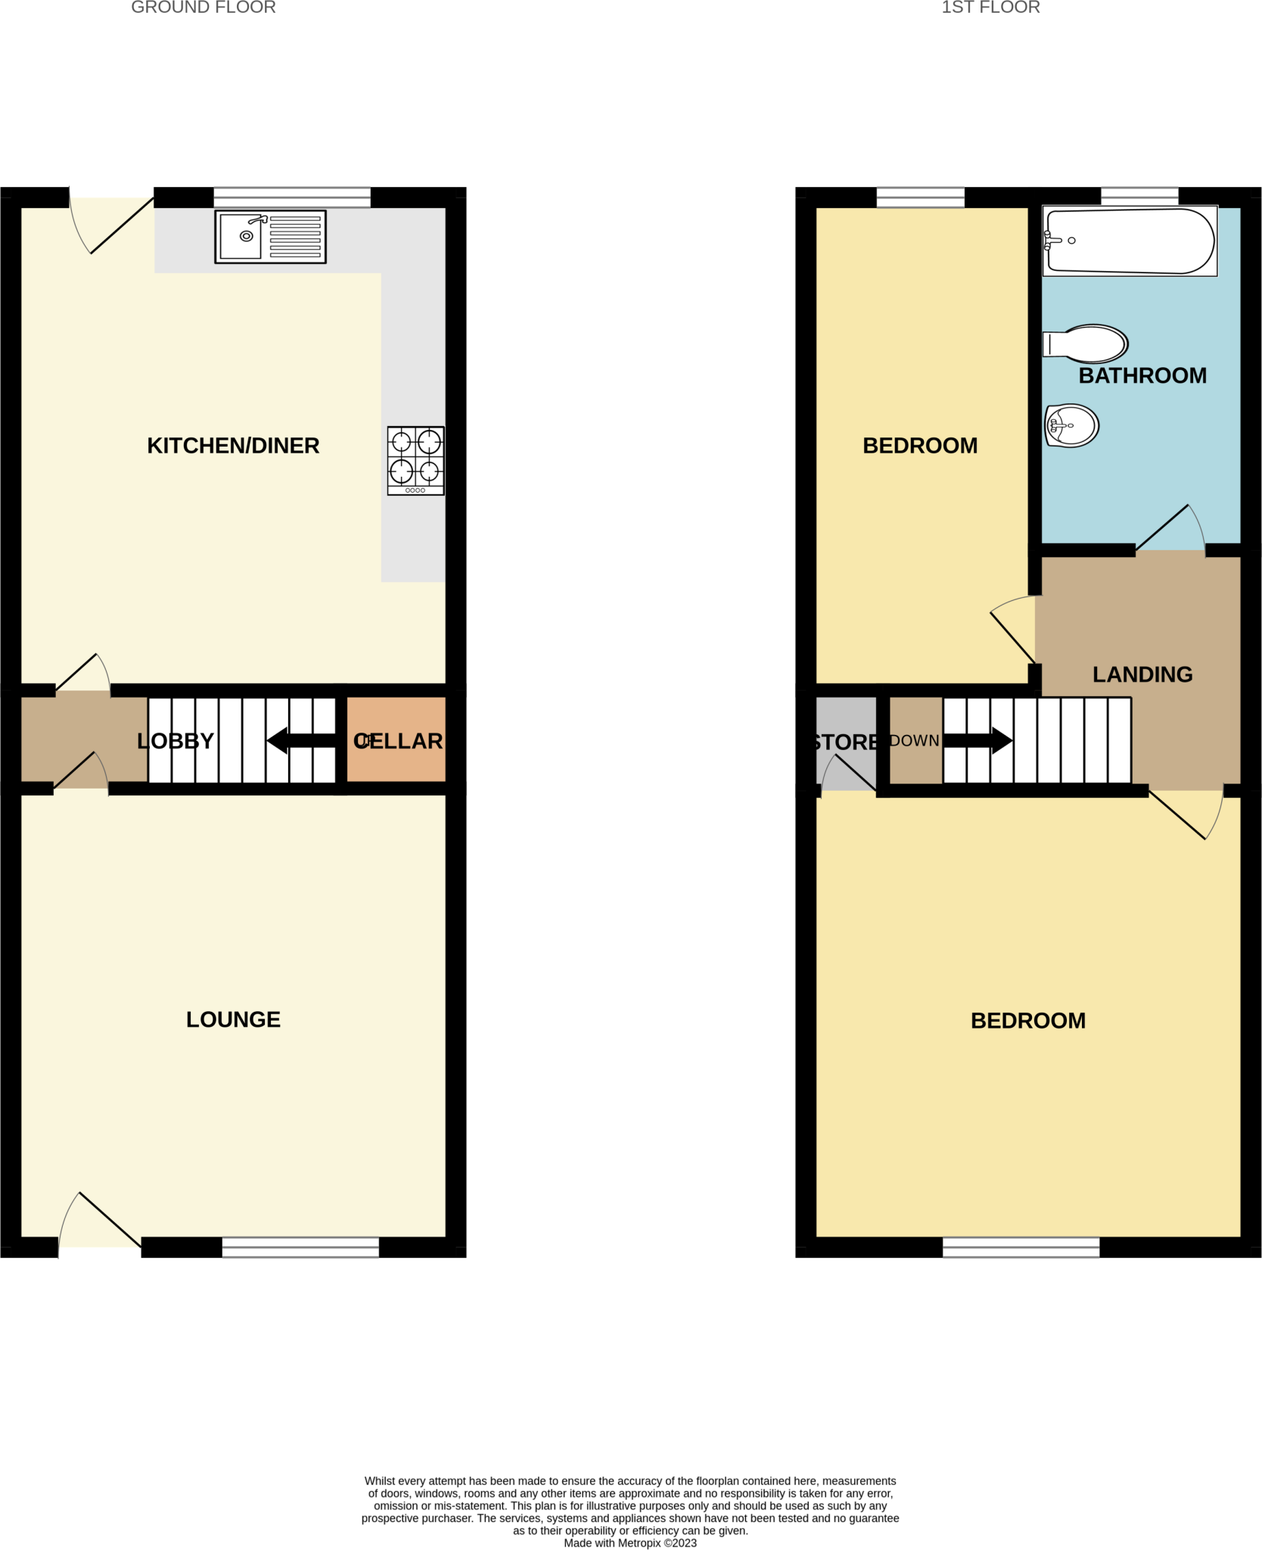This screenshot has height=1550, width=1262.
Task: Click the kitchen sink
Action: pos(270,237)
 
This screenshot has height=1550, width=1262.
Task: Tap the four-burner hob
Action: pos(415,460)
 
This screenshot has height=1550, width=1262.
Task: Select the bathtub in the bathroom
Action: pos(1130,241)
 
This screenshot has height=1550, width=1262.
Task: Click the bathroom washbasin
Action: pos(1072,425)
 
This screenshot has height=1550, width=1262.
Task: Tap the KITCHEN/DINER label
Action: pos(233,446)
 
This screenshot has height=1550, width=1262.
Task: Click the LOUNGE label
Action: pos(233,1019)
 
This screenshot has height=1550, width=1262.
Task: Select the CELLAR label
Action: pos(398,741)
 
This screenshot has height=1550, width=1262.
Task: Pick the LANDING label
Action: pos(1142,674)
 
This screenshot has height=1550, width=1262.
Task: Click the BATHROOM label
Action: pos(1142,375)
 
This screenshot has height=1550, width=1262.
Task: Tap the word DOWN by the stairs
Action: pos(914,741)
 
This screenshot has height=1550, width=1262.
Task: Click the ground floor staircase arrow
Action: pos(301,740)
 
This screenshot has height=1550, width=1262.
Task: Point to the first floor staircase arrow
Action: pos(978,740)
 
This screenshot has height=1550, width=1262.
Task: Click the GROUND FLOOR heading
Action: pos(204,8)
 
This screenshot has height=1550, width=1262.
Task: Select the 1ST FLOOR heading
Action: pos(990,8)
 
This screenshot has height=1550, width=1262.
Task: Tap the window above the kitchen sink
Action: pos(292,198)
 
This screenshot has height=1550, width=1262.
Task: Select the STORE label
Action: pos(845,742)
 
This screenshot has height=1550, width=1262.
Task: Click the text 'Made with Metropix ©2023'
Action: pos(630,1542)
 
